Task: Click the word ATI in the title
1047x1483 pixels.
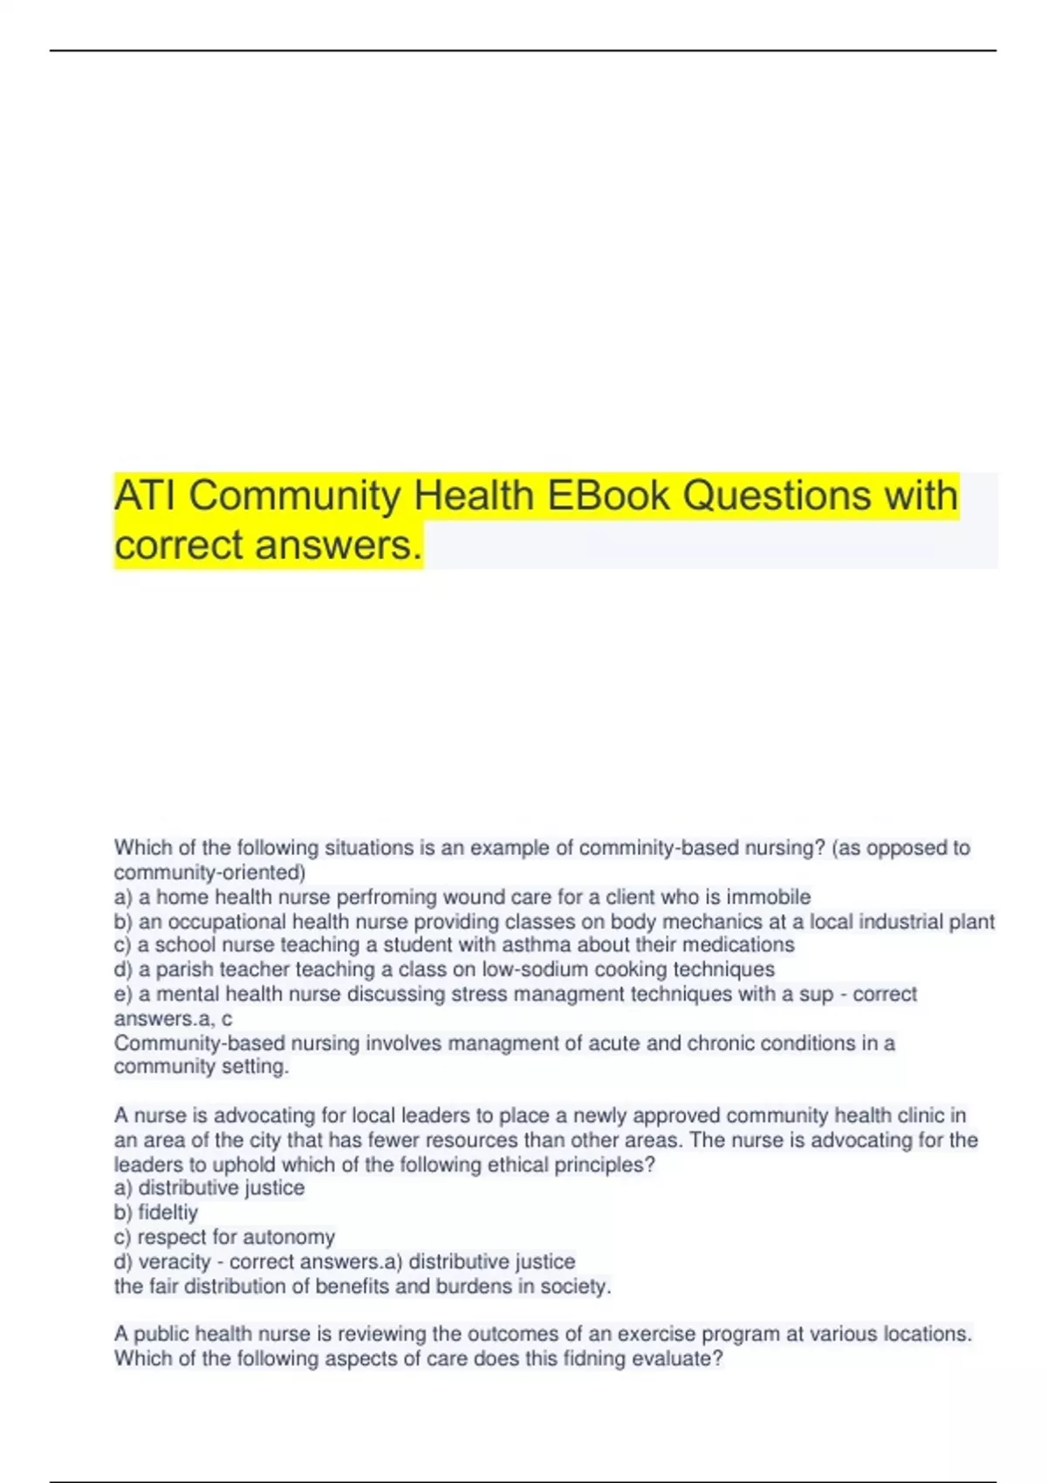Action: (x=146, y=495)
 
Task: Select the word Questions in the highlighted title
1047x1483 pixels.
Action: (x=777, y=495)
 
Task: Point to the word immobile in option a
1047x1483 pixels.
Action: (x=768, y=897)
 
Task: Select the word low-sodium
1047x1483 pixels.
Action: (x=534, y=969)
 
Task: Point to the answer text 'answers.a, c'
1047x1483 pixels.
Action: (x=173, y=1018)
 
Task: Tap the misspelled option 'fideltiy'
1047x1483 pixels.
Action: (x=168, y=1213)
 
